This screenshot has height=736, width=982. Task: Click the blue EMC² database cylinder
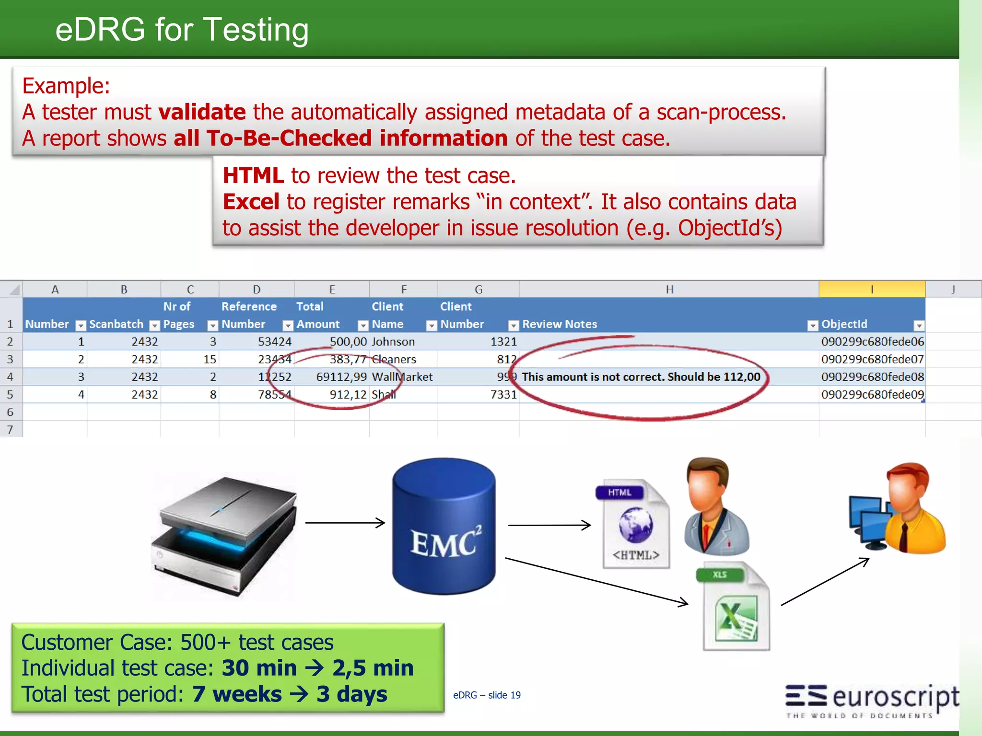[x=444, y=526]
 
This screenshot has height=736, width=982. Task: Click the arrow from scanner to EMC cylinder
[x=345, y=523]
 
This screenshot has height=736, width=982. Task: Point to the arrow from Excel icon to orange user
[x=825, y=581]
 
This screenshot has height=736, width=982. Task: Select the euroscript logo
[x=872, y=700]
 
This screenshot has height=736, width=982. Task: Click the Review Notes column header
[x=560, y=324]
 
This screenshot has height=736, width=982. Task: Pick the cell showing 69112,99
[x=341, y=377]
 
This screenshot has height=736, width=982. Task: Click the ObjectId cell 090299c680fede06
[x=872, y=342]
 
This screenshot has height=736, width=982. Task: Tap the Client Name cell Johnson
[x=393, y=342]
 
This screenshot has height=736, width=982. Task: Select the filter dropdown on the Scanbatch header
[x=154, y=326]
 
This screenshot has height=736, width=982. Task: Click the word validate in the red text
[x=202, y=112]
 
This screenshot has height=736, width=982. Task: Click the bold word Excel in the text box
[x=251, y=202]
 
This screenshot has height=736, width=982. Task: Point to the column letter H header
[x=669, y=289]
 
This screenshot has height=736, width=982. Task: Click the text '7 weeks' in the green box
[x=237, y=694]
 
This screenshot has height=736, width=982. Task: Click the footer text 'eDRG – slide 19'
[x=487, y=695]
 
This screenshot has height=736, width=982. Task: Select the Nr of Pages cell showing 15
[x=210, y=359]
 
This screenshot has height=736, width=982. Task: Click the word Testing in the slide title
[x=256, y=30]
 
